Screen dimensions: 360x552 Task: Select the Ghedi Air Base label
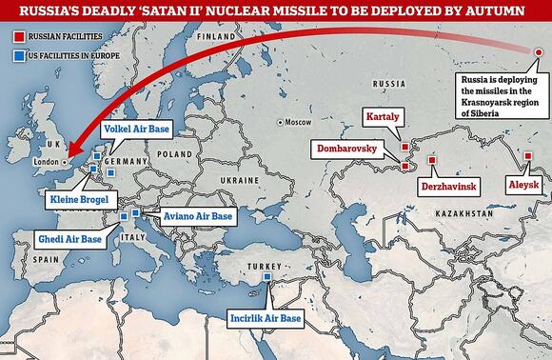[x=68, y=239]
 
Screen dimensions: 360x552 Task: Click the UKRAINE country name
[x=234, y=179]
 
